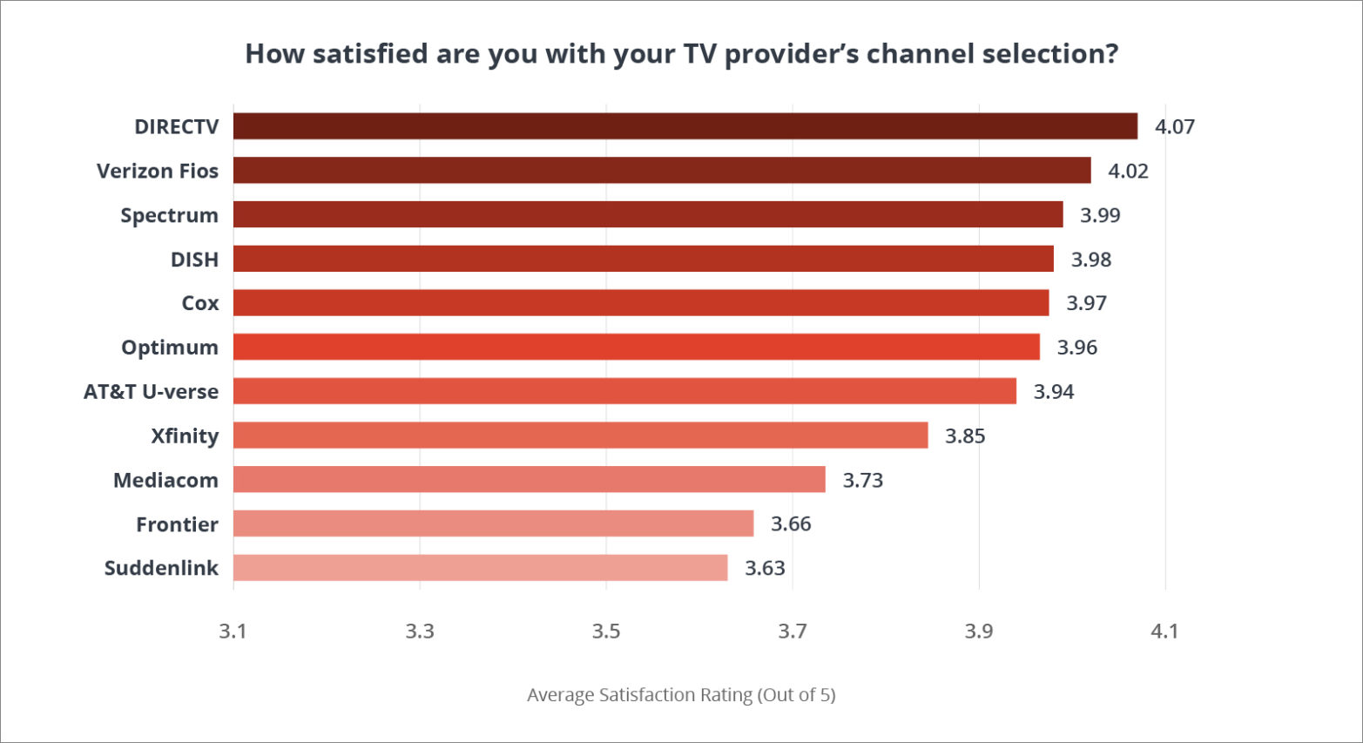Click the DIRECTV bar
coord(685,126)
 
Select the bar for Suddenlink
coord(480,568)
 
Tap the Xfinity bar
coord(580,436)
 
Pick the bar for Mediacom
coord(529,480)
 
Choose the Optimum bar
coord(636,347)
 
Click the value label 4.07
coord(1174,127)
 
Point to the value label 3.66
coord(790,524)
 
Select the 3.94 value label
coord(1053,392)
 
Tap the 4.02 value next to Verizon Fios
coord(1127,172)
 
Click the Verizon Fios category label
coord(158,172)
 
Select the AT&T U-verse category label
coord(151,392)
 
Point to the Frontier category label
coord(177,524)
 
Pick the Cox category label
coord(199,303)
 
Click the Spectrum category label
coord(169,215)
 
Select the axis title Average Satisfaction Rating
coord(680,695)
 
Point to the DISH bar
coord(643,259)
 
